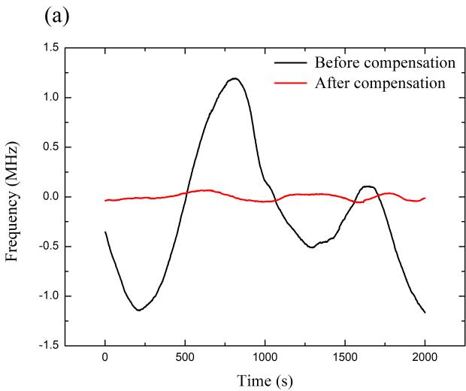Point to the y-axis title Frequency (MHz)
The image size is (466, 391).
tap(12, 197)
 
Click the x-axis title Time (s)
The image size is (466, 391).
tap(265, 380)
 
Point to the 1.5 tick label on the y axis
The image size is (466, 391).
tap(50, 48)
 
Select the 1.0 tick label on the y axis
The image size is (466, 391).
tap(50, 98)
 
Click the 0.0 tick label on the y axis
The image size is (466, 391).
tap(50, 197)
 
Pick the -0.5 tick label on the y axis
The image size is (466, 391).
tap(47, 247)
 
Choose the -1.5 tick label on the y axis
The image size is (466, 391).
tap(47, 346)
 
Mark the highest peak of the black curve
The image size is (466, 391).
tap(235, 78)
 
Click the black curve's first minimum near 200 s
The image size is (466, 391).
tap(138, 310)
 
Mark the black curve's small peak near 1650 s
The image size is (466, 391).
tap(368, 186)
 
